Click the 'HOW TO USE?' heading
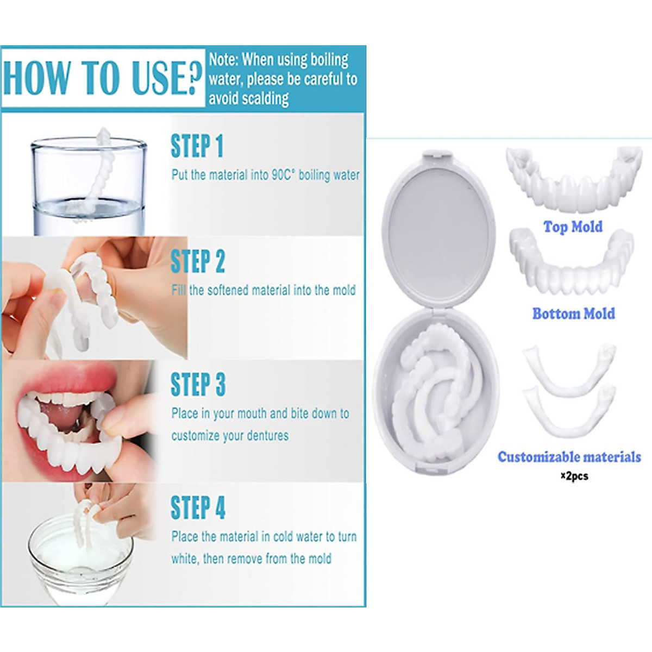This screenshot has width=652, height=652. [x=102, y=78]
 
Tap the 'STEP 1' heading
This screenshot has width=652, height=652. [x=197, y=146]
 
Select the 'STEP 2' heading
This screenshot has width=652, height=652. [x=197, y=261]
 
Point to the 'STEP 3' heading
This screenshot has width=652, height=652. [x=198, y=385]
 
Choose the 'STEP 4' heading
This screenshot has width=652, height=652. [x=198, y=507]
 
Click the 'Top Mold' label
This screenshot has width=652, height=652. [x=573, y=227]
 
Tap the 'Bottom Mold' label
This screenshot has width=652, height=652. [x=573, y=314]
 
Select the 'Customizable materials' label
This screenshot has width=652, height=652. [x=569, y=457]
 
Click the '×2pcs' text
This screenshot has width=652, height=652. [x=574, y=476]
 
